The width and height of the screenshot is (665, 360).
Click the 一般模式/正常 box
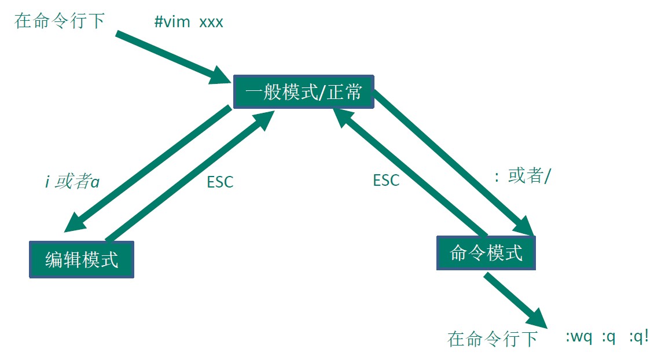[x=304, y=91]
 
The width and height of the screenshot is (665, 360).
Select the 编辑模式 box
[x=82, y=259]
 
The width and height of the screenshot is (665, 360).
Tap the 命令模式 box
[x=486, y=252]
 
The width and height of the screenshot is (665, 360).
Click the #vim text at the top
[x=172, y=22]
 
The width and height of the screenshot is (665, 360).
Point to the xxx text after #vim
[x=211, y=22]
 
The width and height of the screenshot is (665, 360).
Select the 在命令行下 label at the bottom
[x=493, y=338]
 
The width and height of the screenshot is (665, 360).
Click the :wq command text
[x=579, y=337]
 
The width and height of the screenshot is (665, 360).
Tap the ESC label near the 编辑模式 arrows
[x=220, y=181]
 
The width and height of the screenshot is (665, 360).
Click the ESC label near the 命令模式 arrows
[x=386, y=180]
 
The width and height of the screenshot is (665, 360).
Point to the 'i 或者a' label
[x=72, y=181]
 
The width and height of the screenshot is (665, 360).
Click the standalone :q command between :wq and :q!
[x=608, y=337]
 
